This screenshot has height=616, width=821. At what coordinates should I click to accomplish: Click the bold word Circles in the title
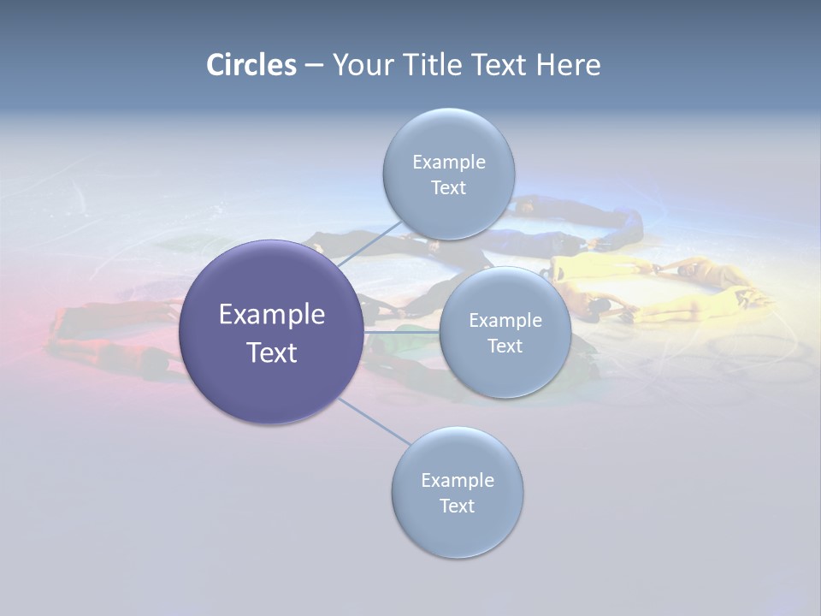click(x=251, y=65)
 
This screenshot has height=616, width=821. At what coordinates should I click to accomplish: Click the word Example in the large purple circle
click(x=272, y=315)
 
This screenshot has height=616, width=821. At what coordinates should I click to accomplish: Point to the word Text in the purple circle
click(x=272, y=352)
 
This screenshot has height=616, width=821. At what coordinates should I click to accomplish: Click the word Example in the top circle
click(x=449, y=163)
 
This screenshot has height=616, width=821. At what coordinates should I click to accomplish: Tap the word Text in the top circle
click(x=449, y=188)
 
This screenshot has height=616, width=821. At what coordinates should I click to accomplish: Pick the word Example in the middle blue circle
click(x=505, y=321)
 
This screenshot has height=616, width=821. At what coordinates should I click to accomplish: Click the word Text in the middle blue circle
click(x=505, y=346)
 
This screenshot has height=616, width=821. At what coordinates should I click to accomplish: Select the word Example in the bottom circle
click(x=458, y=481)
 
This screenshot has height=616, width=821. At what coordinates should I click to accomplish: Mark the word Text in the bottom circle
click(x=458, y=506)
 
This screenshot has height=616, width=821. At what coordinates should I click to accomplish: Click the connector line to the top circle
click(x=368, y=243)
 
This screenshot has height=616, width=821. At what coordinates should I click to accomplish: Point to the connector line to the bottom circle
click(x=375, y=421)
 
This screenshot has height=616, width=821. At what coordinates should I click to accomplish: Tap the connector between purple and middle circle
click(x=402, y=332)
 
